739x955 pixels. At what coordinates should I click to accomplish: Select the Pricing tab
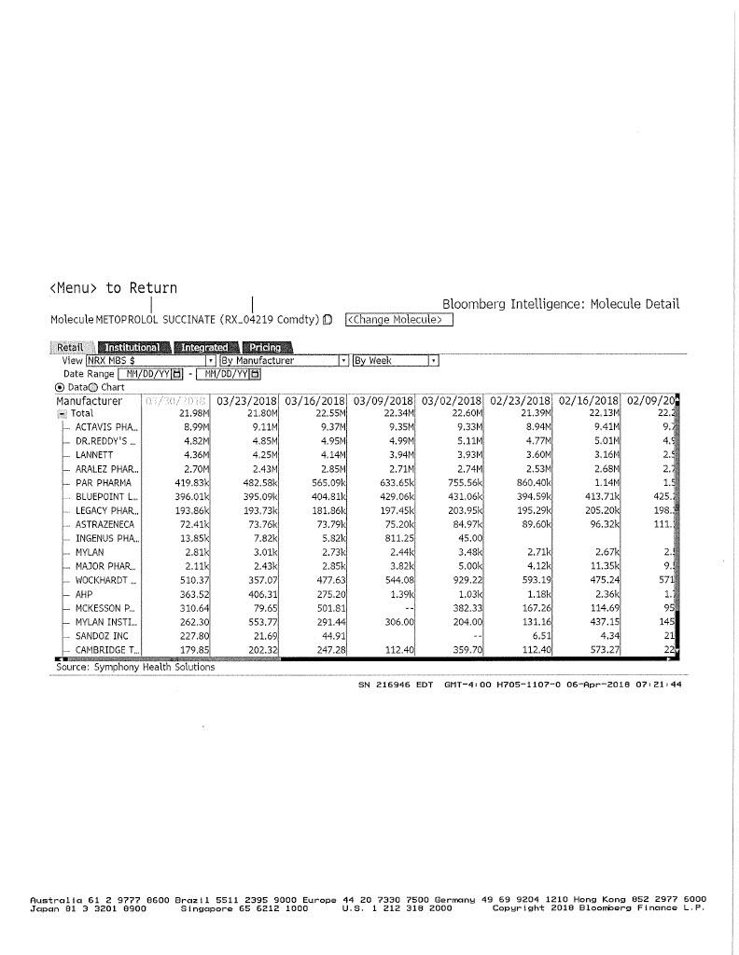coord(266,348)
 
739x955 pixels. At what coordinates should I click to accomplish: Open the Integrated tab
coord(204,348)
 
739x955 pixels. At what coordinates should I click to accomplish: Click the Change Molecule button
coord(398,320)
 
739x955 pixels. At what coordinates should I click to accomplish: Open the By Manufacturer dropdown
coord(343,360)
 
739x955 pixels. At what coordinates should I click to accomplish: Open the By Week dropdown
coord(434,360)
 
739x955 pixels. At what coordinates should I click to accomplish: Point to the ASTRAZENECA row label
coord(105,526)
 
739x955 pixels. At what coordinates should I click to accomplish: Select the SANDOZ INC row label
coord(102,637)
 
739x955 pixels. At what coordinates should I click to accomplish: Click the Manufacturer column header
coord(90,401)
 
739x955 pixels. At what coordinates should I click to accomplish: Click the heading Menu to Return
coord(114,288)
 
